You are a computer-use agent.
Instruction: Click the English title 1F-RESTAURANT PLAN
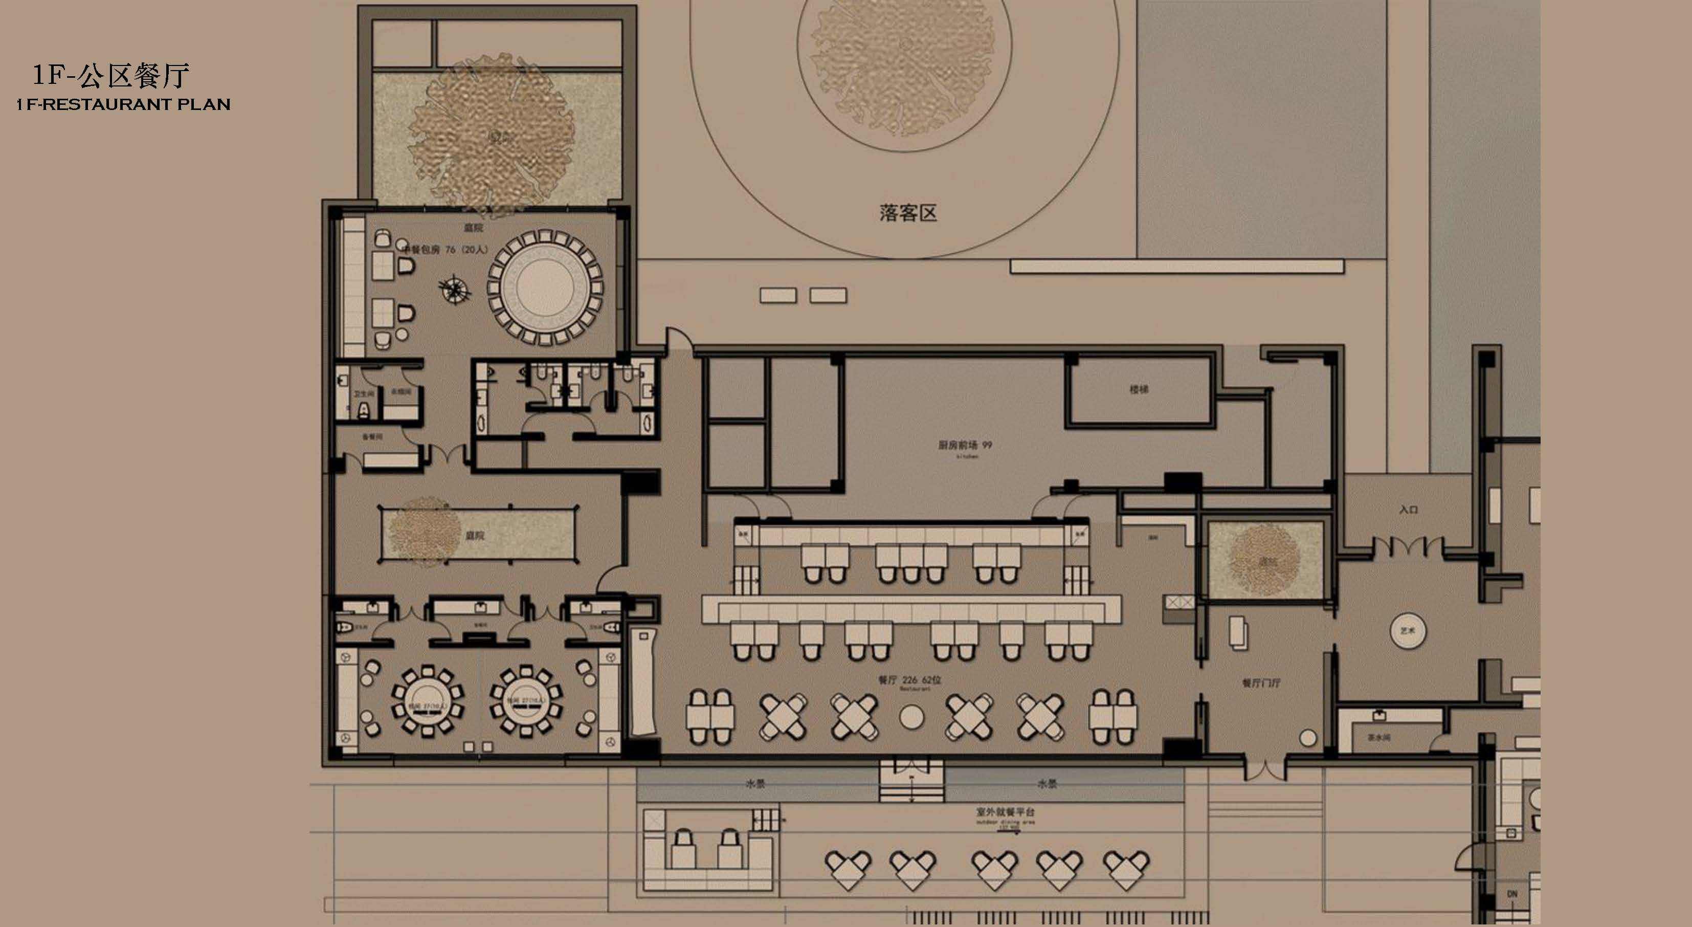(x=123, y=104)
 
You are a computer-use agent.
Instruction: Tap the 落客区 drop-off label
(x=908, y=213)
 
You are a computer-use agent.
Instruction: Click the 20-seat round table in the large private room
(x=545, y=288)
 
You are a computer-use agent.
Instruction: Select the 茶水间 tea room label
(x=1378, y=738)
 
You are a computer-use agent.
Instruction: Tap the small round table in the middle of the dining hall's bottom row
(x=911, y=717)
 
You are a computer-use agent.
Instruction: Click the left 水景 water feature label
(x=755, y=784)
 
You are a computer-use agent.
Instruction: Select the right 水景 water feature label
(x=1047, y=784)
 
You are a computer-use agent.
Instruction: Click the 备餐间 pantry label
(x=372, y=437)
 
